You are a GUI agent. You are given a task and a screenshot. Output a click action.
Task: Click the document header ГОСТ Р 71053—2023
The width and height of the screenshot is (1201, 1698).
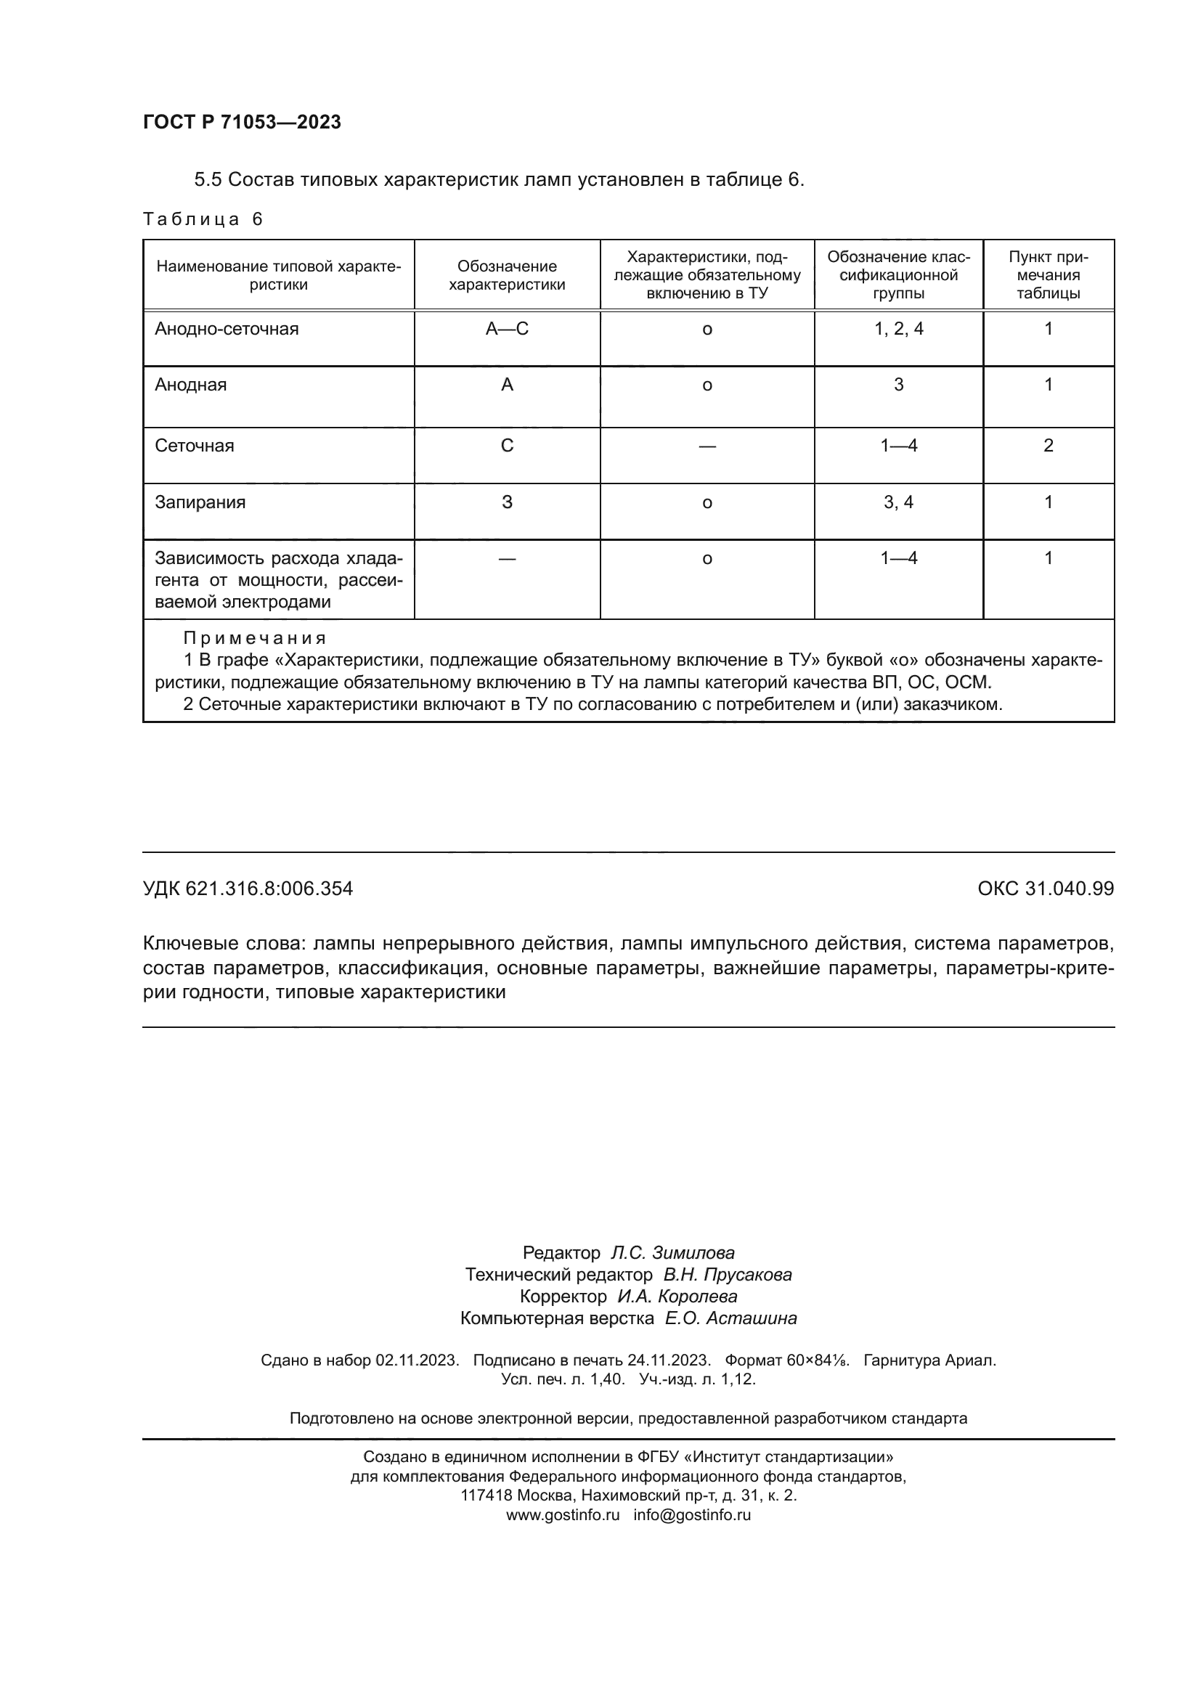(242, 122)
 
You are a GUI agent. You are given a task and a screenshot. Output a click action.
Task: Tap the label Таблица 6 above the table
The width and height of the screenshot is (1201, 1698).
(203, 219)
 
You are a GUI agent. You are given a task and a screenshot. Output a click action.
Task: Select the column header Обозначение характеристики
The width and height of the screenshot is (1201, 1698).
(507, 275)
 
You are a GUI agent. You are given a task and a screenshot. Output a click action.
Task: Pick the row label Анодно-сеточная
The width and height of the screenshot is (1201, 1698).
(227, 329)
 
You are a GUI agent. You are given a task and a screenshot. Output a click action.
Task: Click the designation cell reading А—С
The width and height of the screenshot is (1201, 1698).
(507, 329)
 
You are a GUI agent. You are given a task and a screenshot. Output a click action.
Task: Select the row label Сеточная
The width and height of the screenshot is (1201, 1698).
(194, 446)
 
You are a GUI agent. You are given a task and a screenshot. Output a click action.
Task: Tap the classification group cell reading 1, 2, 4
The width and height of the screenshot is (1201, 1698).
(897, 329)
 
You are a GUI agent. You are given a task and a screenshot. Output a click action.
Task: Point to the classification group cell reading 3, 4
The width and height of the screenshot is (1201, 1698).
(897, 503)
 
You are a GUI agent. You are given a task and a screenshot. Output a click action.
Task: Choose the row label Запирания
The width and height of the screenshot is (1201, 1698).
(200, 503)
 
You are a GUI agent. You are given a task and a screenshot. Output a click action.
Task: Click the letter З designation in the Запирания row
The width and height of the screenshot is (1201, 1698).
(507, 503)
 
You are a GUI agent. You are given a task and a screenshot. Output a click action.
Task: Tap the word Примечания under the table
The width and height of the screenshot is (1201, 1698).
(254, 638)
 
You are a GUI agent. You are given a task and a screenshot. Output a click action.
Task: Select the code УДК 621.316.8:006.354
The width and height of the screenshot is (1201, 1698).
(248, 889)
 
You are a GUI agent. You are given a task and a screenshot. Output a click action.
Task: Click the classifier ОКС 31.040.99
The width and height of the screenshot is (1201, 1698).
(1045, 889)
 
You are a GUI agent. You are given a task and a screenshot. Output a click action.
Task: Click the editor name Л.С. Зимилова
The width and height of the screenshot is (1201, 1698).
(672, 1253)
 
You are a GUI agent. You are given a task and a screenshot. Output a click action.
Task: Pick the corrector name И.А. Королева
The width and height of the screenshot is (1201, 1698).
(677, 1297)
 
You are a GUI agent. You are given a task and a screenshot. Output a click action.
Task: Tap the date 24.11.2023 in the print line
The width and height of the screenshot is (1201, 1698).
(669, 1360)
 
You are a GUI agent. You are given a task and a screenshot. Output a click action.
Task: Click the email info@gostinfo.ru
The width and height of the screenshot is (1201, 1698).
(691, 1514)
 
